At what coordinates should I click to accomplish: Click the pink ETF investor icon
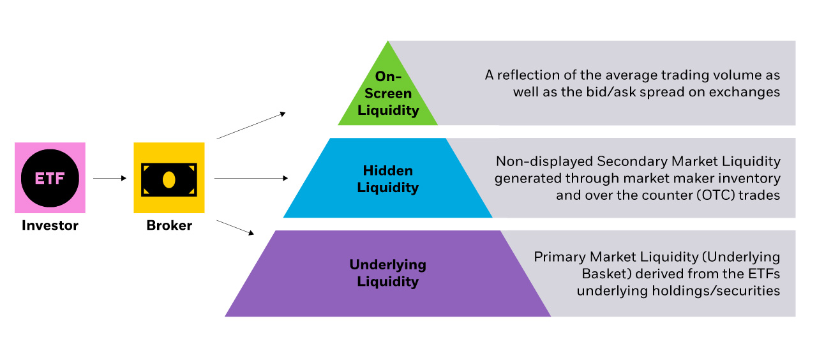point(50,177)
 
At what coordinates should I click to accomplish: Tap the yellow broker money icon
point(169,177)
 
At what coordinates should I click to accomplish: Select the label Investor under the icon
point(50,225)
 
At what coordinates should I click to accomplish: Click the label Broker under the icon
point(169,225)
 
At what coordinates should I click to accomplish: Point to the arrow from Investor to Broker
point(110,179)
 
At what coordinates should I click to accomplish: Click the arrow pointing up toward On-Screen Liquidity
point(250,126)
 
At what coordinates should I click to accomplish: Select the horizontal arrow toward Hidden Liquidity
point(250,179)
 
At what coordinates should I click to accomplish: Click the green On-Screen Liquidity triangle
point(388,96)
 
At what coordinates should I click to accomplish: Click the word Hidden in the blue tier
point(388,170)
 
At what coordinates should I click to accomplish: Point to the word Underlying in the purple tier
point(388,264)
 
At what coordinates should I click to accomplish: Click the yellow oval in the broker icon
point(169,180)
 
